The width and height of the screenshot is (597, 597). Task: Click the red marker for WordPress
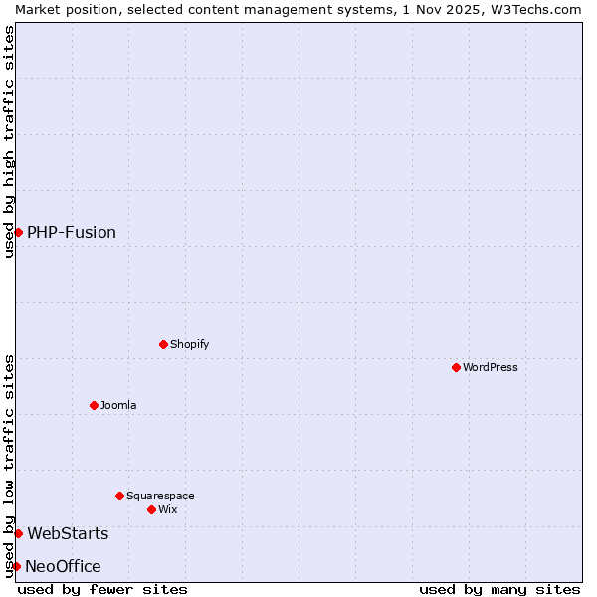tap(456, 367)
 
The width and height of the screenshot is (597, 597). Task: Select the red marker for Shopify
tap(163, 344)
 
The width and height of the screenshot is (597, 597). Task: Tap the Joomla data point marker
tap(94, 405)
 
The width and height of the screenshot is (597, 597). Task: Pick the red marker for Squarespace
tap(119, 496)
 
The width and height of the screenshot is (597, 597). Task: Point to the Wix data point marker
tap(151, 509)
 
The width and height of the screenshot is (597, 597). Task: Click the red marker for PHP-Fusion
tap(18, 232)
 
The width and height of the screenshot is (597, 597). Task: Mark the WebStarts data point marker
tap(18, 533)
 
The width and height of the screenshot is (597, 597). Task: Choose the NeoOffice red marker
tap(16, 566)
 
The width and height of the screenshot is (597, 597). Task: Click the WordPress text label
tap(491, 367)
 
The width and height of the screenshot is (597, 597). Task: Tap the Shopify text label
tap(190, 344)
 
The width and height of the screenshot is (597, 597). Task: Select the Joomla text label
tap(118, 405)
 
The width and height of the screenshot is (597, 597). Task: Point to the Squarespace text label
tap(160, 496)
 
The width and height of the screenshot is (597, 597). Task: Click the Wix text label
tap(168, 509)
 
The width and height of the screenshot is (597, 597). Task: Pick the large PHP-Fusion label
tap(72, 232)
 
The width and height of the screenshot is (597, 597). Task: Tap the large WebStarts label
tap(68, 533)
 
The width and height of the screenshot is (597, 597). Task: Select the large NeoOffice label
tap(63, 566)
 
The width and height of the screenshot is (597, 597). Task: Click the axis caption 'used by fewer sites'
tap(102, 589)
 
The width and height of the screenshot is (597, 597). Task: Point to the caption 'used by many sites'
tap(499, 589)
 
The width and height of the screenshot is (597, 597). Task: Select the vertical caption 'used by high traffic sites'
tap(9, 141)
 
